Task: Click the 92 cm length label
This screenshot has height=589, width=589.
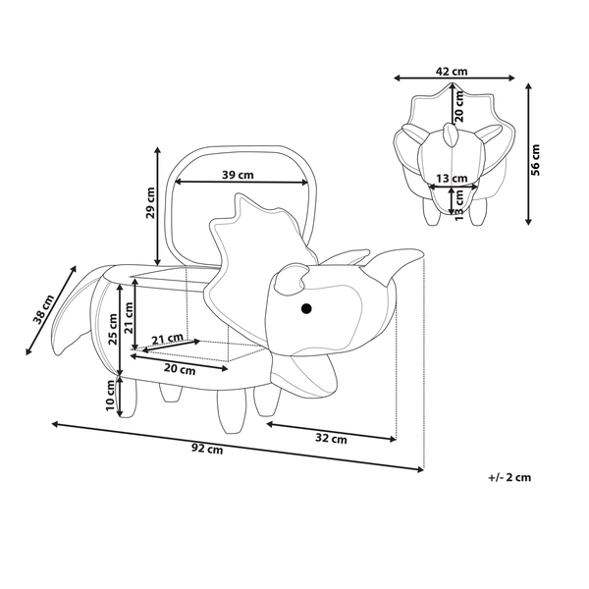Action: tap(207, 449)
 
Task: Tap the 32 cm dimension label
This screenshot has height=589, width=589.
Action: tap(331, 439)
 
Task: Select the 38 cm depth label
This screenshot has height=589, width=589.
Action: tap(44, 309)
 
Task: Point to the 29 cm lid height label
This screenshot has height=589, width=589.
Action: tap(150, 203)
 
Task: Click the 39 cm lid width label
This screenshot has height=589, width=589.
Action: tap(238, 175)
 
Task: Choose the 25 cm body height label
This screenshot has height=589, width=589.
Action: tap(113, 330)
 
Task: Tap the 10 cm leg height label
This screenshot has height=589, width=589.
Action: tap(110, 396)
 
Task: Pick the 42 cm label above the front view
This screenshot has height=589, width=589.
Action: tap(452, 71)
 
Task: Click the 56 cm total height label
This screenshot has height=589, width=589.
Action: tap(535, 160)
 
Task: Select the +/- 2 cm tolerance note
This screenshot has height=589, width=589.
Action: tap(509, 477)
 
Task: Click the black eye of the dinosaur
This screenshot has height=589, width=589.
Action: tap(306, 309)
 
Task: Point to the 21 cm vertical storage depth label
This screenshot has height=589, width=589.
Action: tap(129, 318)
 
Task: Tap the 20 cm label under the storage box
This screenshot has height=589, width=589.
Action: tap(180, 370)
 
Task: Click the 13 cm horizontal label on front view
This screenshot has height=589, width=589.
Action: tap(452, 178)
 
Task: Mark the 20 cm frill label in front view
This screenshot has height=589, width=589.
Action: tap(459, 107)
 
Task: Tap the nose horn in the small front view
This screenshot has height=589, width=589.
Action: tap(451, 134)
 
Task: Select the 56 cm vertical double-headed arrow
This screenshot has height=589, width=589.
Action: tap(528, 154)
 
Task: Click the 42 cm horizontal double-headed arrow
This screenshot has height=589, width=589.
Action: tap(455, 79)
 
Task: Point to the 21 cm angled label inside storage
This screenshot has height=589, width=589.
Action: tap(167, 339)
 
